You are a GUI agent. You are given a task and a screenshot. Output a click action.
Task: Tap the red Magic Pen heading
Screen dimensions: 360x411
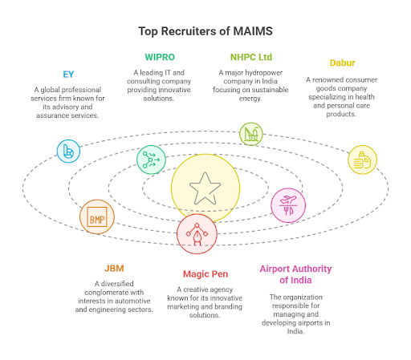[205, 273]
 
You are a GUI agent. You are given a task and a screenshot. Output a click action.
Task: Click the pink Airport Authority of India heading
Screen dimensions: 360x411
[295, 274]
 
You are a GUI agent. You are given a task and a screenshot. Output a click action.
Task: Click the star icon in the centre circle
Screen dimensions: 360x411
[205, 189]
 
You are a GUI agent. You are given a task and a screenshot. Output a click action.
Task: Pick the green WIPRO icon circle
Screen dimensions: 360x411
[150, 159]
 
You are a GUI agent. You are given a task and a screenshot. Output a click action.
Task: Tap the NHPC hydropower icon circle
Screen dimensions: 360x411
[251, 134]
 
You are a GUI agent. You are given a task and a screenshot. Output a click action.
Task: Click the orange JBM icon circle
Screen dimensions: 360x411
[97, 216]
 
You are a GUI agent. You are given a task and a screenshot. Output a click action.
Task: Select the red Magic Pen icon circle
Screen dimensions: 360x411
[197, 233]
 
